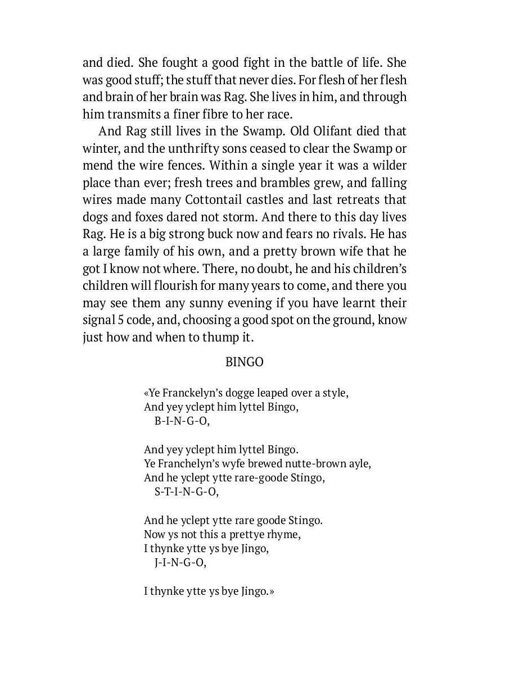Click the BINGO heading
coord(244,362)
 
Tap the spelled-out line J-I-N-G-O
coord(180,563)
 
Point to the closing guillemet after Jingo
coord(272,591)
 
